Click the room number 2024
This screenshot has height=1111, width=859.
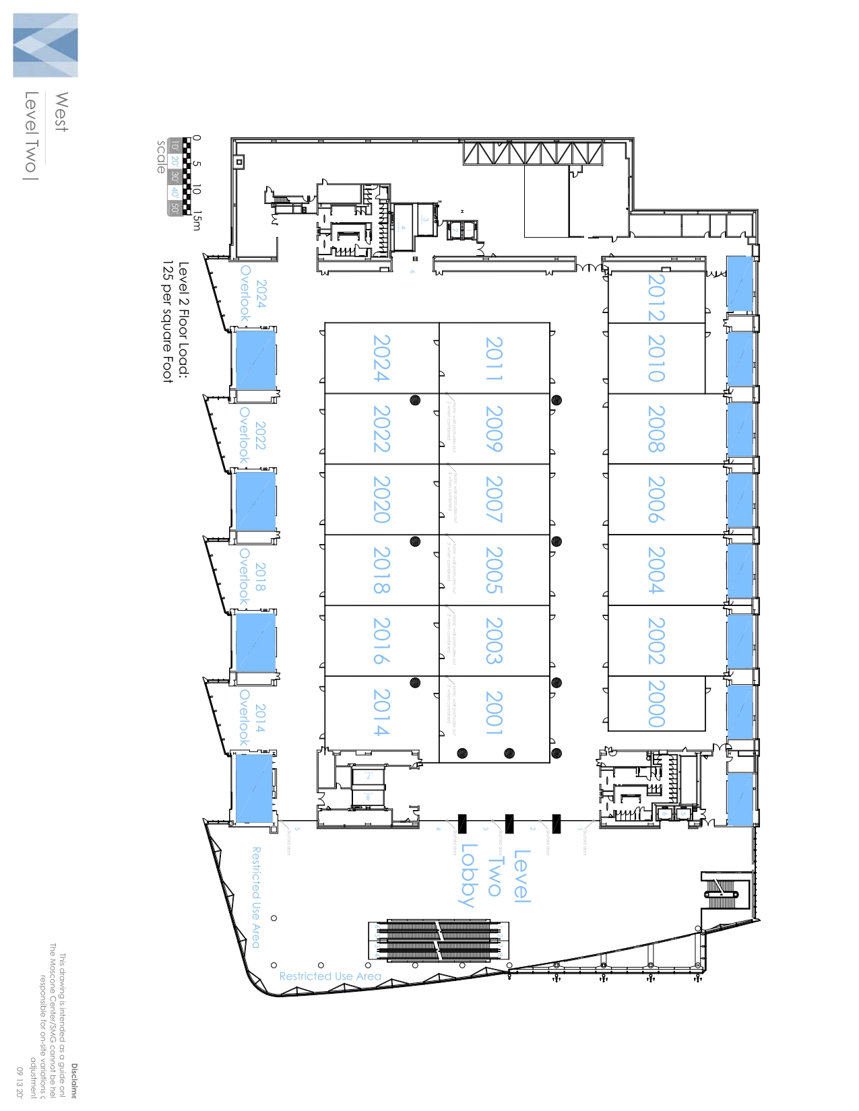pyautogui.click(x=381, y=358)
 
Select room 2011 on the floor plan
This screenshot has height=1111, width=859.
pyautogui.click(x=494, y=359)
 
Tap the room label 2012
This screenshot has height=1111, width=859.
pyautogui.click(x=656, y=297)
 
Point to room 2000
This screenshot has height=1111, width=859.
pyautogui.click(x=656, y=704)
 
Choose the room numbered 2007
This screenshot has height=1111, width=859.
pyautogui.click(x=494, y=500)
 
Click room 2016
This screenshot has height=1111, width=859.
pyautogui.click(x=381, y=641)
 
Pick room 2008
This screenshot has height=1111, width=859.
pyautogui.click(x=656, y=429)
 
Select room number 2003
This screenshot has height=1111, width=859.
pyautogui.click(x=494, y=641)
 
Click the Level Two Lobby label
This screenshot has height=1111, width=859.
pyautogui.click(x=495, y=877)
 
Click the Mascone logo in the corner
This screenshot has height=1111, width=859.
pyautogui.click(x=45, y=45)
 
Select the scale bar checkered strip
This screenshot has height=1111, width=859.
pyautogui.click(x=187, y=176)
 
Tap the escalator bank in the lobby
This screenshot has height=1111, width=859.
pyautogui.click(x=438, y=941)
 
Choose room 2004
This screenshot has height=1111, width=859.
pyautogui.click(x=656, y=570)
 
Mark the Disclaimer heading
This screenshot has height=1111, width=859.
pyautogui.click(x=74, y=1081)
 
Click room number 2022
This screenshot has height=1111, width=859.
pyautogui.click(x=381, y=429)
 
